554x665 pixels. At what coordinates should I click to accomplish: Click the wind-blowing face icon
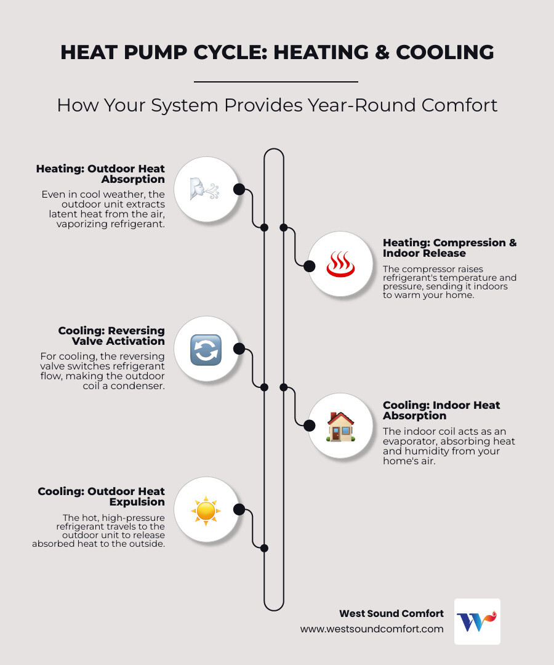pyautogui.click(x=206, y=189)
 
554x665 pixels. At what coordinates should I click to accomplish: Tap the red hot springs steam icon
pyautogui.click(x=340, y=265)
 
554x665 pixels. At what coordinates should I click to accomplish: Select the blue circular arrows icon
pyautogui.click(x=206, y=350)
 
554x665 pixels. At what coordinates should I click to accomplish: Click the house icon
pyautogui.click(x=340, y=426)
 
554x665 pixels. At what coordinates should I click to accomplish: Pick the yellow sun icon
pyautogui.click(x=206, y=510)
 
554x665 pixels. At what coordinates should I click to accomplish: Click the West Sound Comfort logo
pyautogui.click(x=477, y=621)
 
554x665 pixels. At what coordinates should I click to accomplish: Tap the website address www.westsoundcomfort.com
pyautogui.click(x=372, y=629)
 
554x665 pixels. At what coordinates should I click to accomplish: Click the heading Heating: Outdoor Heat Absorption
pyautogui.click(x=100, y=174)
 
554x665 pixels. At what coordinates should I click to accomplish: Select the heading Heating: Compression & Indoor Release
pyautogui.click(x=449, y=248)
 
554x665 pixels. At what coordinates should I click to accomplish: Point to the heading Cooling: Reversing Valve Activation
pyautogui.click(x=111, y=336)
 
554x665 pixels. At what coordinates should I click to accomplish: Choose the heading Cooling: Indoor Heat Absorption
pyautogui.click(x=441, y=410)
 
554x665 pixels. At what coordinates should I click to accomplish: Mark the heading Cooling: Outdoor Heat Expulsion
pyautogui.click(x=102, y=496)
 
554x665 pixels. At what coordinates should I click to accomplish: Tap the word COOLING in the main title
pyautogui.click(x=444, y=52)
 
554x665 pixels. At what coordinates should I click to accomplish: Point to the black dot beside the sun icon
pyautogui.click(x=239, y=510)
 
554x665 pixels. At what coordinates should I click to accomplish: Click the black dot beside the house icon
pyautogui.click(x=310, y=425)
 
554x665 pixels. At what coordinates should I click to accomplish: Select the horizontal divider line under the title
pyautogui.click(x=276, y=81)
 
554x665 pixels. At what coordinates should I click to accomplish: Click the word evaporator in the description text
pyautogui.click(x=409, y=441)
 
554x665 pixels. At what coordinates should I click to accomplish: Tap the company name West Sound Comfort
pyautogui.click(x=391, y=613)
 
